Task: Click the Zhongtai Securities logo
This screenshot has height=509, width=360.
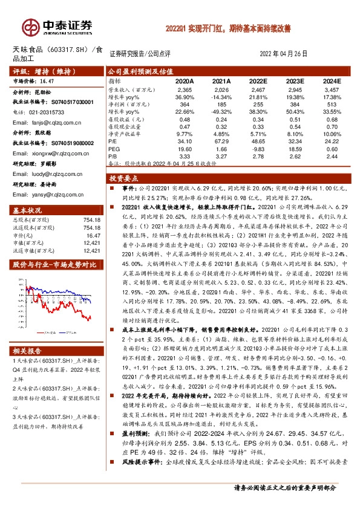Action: point(58,26)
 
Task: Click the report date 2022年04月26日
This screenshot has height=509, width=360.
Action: point(284,54)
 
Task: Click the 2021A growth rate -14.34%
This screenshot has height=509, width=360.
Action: point(221,97)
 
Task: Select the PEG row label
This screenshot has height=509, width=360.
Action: point(114,148)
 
